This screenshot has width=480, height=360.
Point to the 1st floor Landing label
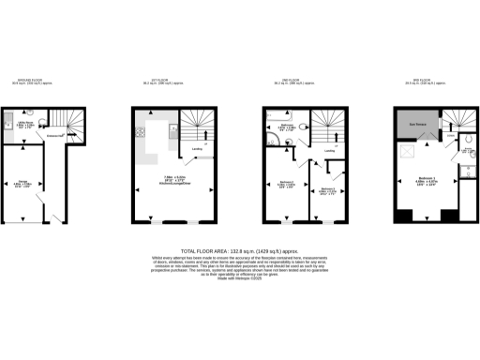click(x=198, y=148)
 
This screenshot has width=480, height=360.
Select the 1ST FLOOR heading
click(x=171, y=82)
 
